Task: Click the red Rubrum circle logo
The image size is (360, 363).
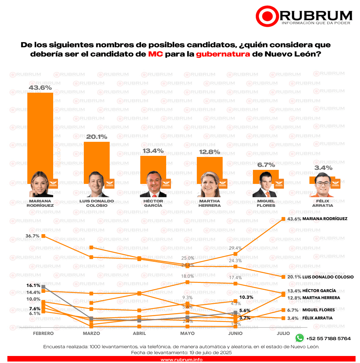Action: [267, 16]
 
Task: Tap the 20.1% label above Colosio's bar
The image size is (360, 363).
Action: [97, 137]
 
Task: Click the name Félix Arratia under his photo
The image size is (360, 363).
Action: [322, 203]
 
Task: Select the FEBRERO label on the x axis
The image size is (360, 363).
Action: [44, 333]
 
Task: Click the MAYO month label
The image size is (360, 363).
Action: [188, 333]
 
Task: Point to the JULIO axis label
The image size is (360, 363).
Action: [283, 333]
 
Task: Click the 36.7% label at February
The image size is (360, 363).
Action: [33, 236]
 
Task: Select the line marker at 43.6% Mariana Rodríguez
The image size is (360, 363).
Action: [283, 219]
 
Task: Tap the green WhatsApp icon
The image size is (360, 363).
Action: [299, 338]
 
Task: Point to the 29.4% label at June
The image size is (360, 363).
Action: [236, 248]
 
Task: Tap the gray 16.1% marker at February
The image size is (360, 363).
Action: [44, 287]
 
